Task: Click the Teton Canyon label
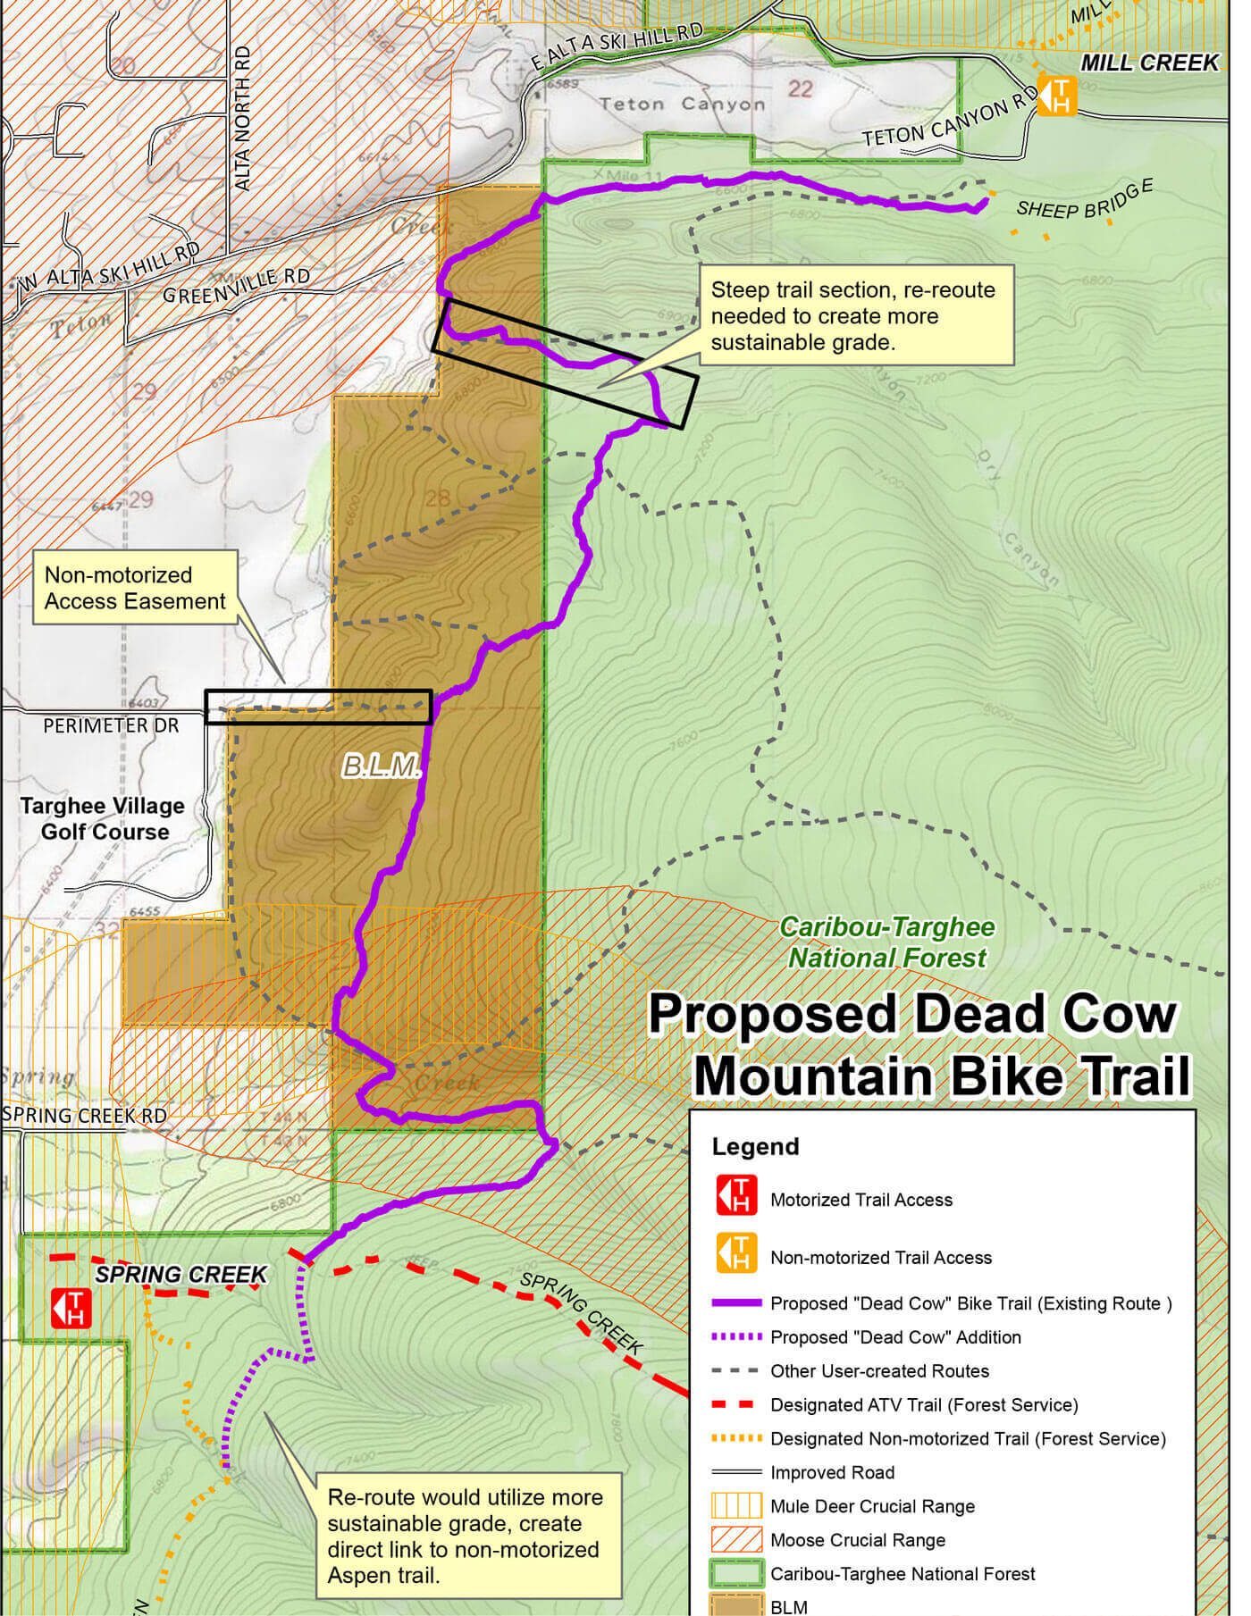pos(683,105)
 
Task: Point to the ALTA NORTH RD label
pos(242,118)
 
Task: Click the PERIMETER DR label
pos(111,725)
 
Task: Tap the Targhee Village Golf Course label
pos(102,818)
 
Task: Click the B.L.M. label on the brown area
pos(382,766)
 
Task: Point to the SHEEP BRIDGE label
pos(1084,198)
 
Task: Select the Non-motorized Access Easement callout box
pos(135,589)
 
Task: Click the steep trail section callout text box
pos(855,315)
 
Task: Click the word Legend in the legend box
pos(755,1147)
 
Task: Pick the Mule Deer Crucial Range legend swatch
pos(736,1506)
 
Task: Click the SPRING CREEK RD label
pos(85,1116)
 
